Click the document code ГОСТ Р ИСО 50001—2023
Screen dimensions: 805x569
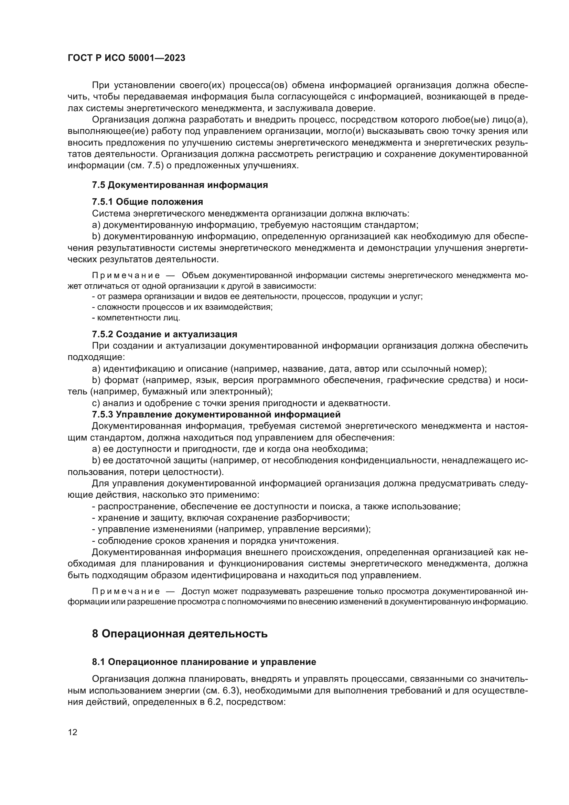126,58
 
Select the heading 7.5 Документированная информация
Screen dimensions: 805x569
180,185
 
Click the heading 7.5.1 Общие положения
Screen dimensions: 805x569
147,202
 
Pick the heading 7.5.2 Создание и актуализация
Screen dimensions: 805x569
164,334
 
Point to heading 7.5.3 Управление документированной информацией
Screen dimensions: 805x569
216,414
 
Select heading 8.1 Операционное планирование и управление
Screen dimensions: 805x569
204,662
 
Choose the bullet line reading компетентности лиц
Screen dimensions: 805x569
136,318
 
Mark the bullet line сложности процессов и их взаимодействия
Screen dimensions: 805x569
182,307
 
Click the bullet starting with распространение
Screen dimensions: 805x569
276,506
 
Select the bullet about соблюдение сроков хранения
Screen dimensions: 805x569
215,541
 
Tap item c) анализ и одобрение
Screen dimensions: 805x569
241,403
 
